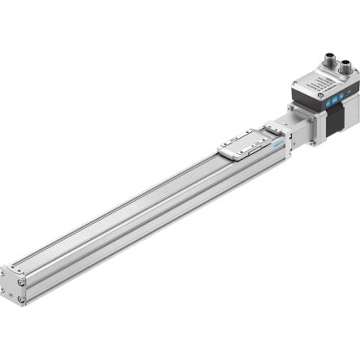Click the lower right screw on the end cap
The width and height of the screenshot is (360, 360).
[x=20, y=299]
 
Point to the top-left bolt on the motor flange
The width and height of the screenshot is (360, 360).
[x=292, y=108]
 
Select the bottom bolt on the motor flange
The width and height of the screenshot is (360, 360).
[x=311, y=143]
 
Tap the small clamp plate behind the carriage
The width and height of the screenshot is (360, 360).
[x=273, y=127]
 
